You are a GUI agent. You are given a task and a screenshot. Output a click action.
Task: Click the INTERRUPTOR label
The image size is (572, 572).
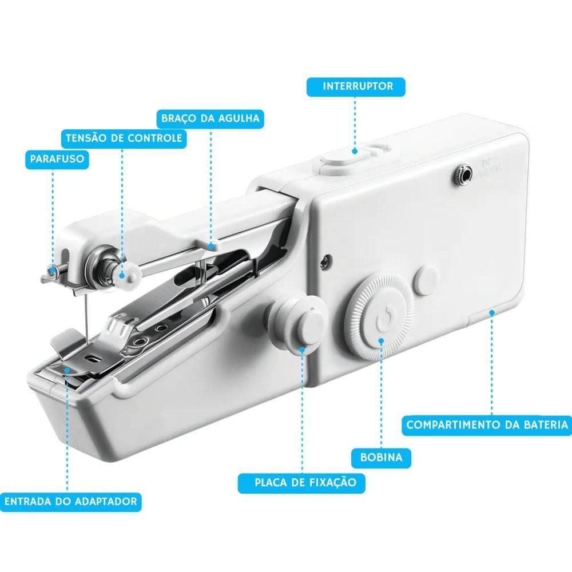pos(356,87)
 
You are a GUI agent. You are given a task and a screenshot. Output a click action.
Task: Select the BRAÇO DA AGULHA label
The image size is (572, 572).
pos(210,118)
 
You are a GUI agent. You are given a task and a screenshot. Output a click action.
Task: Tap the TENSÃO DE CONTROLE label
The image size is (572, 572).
pos(124,138)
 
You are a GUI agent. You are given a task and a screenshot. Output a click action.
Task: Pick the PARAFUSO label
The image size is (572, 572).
pos(57,159)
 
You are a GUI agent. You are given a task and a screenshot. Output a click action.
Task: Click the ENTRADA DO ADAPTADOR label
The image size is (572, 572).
pos(70,501)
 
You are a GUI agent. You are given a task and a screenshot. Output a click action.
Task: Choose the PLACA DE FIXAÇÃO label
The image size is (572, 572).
pos(301,483)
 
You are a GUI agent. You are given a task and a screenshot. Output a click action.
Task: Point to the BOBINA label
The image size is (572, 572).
pos(381,458)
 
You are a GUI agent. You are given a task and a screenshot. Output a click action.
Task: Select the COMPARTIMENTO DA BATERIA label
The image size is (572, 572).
pos(487,425)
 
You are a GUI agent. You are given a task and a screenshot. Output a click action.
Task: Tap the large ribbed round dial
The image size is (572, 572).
pos(380,317)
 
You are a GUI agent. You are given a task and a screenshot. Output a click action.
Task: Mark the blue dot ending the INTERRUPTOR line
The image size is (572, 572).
pos(355,150)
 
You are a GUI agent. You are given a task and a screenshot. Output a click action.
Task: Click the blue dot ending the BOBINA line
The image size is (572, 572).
pos(381,341)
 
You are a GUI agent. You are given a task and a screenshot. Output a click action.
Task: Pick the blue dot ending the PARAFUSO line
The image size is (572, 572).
pos(53,270)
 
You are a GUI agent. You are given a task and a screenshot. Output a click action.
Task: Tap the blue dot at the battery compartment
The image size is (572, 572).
pos(491,313)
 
